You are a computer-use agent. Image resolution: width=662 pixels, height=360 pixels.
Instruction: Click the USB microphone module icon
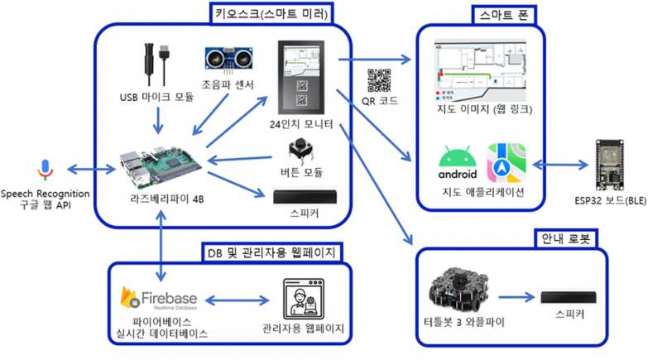156,61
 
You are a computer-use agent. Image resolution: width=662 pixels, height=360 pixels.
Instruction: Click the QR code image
380,80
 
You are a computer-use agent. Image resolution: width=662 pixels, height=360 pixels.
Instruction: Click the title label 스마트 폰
505,14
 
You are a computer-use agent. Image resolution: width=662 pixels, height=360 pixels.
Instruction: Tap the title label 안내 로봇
564,238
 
